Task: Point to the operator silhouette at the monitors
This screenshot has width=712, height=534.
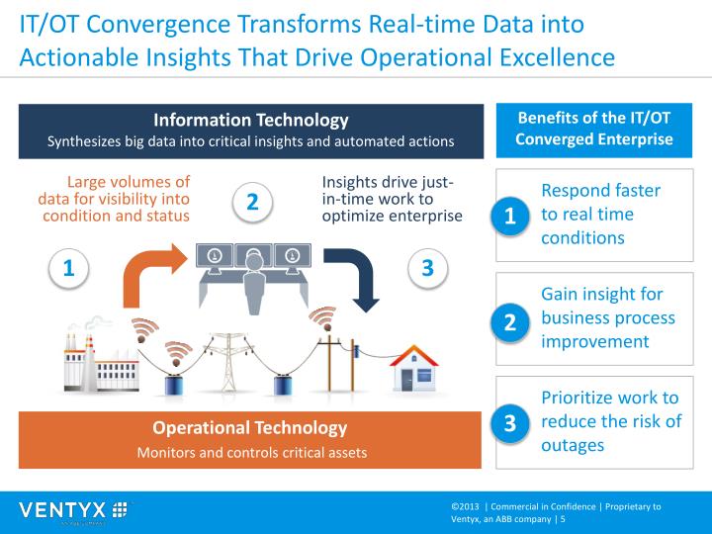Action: [253, 273]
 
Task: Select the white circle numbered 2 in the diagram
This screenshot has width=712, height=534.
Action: [252, 202]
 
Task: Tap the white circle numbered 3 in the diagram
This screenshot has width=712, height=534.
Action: [427, 267]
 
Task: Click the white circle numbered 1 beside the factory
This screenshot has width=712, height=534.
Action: [68, 267]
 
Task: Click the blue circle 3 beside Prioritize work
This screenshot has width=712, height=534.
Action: [510, 423]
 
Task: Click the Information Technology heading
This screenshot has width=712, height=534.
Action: [251, 121]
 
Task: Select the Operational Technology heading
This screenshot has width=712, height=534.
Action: [250, 428]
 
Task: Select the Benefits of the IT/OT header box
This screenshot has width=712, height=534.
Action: [594, 129]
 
